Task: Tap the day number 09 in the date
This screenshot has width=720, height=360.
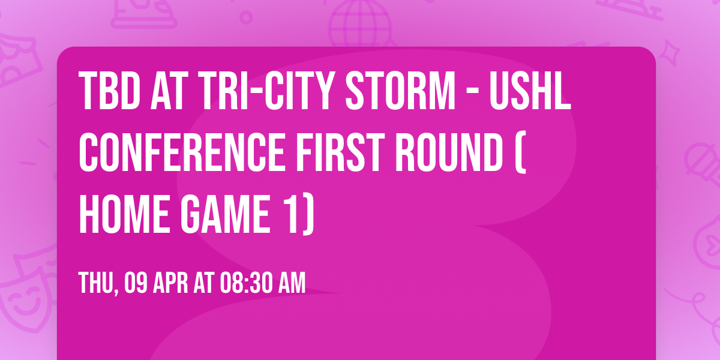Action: click(135, 283)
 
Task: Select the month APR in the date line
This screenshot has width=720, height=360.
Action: click(170, 283)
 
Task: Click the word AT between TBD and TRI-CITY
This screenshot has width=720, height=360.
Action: click(170, 91)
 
